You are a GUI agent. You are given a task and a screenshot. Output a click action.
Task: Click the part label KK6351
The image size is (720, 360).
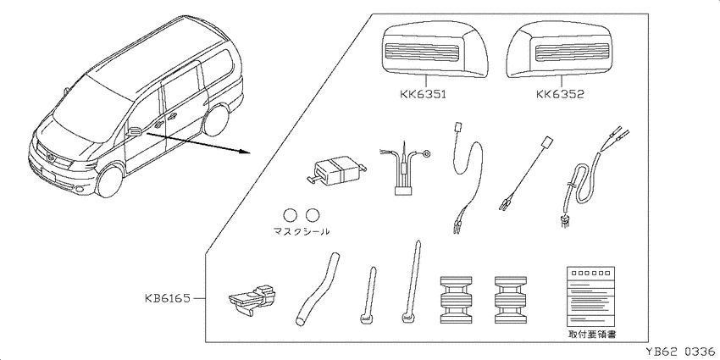click(424, 95)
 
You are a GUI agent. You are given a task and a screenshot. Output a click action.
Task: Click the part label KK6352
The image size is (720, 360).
click(560, 95)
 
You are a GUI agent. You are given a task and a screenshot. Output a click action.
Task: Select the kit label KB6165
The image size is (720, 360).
click(167, 298)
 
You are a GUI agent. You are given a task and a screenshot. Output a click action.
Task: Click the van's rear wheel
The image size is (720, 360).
click(216, 120)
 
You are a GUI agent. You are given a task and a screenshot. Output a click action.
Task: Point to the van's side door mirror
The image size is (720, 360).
click(134, 130)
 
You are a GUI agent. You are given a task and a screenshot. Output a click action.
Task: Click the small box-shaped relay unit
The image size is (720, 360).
click(335, 171)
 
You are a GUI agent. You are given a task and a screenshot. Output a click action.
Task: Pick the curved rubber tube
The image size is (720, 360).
click(316, 290)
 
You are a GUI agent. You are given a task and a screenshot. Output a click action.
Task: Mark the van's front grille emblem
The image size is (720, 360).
click(51, 158)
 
